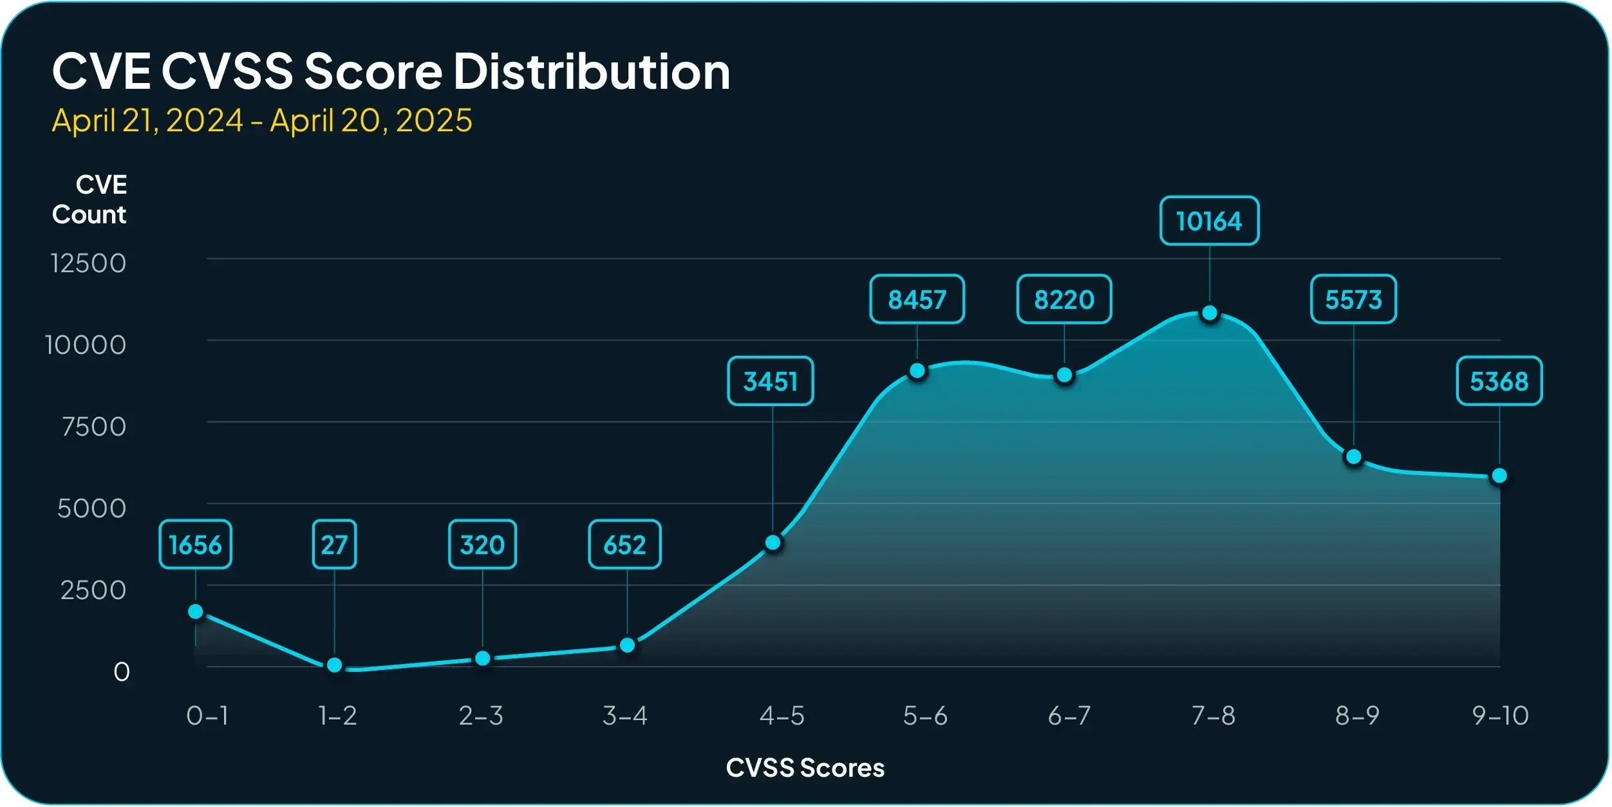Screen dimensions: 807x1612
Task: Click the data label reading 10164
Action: [x=1209, y=221]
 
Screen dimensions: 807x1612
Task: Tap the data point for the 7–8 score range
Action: [x=1210, y=313]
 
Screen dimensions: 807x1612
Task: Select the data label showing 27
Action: [x=334, y=544]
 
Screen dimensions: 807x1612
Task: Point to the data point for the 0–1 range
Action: [x=196, y=611]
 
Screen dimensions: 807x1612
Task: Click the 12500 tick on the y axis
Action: [x=88, y=263]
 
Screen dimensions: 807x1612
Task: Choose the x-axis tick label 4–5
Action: [x=782, y=715]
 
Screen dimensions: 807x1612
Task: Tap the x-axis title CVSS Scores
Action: [x=805, y=767]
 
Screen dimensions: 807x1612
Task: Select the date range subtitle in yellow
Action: [x=262, y=120]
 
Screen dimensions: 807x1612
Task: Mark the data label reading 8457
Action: [x=917, y=299]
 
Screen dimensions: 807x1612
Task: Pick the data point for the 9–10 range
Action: [x=1499, y=476]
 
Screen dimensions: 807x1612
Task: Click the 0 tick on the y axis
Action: [x=122, y=672]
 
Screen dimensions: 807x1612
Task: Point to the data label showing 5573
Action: [x=1353, y=299]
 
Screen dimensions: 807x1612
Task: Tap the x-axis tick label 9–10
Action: [x=1500, y=715]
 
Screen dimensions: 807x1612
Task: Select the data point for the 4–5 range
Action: [x=773, y=543]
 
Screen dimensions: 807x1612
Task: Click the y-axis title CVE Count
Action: [x=89, y=199]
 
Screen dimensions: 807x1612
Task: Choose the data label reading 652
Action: [x=624, y=544]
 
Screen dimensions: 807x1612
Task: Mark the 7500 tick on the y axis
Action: [x=94, y=427]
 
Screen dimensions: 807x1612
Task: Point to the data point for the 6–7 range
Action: [x=1065, y=375]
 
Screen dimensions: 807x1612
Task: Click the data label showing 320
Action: [x=482, y=544]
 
